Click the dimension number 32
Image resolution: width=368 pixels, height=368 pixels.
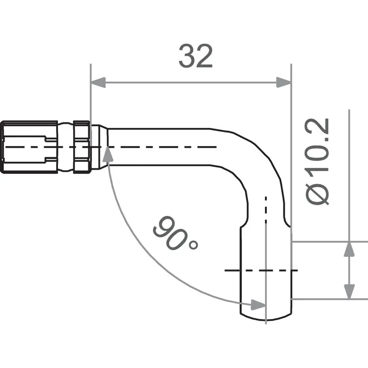pyautogui.click(x=195, y=57)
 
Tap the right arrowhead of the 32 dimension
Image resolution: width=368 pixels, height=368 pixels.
pyautogui.click(x=284, y=83)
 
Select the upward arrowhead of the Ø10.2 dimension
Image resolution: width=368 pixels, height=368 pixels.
pyautogui.click(x=350, y=249)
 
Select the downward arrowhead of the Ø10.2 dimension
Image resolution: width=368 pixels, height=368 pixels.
pyautogui.click(x=350, y=291)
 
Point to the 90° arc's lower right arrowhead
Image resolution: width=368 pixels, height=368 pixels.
pyautogui.click(x=258, y=304)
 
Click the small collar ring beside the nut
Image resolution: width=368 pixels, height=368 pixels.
pyautogui.click(x=80, y=147)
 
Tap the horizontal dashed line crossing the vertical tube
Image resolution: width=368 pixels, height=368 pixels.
pyautogui.click(x=260, y=270)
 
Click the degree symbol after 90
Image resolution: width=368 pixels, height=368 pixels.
pyautogui.click(x=193, y=245)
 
